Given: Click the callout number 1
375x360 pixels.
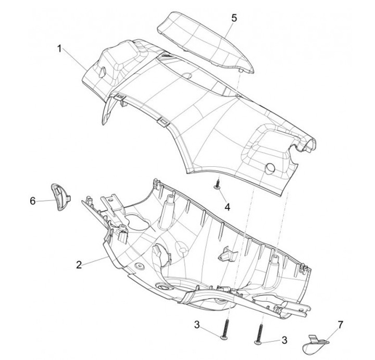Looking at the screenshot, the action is [60, 49].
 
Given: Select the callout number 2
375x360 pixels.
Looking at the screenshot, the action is [79, 265].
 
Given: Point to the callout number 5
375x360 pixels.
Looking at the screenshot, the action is [234, 18].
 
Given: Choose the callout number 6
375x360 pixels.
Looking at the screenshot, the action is [33, 200].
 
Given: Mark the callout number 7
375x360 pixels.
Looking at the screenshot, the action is [341, 325].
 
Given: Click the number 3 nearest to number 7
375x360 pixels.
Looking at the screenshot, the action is [284, 340].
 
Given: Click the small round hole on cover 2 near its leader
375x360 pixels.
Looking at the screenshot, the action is [140, 266].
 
